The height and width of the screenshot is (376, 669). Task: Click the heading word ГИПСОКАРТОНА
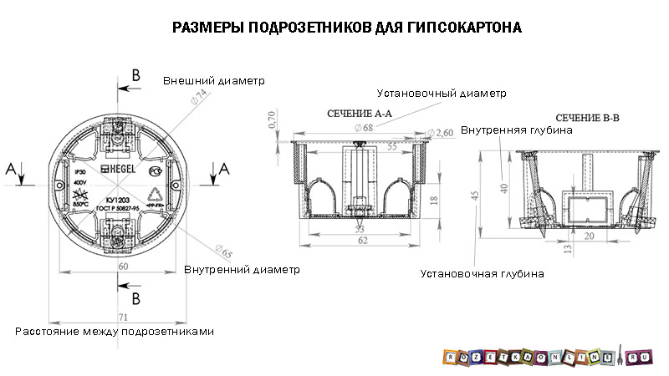(455, 28)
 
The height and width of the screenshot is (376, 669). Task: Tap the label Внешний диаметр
(213, 81)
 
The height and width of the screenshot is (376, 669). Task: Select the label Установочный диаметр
(442, 93)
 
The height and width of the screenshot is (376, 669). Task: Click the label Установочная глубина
(483, 273)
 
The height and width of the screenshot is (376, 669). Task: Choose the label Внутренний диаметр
(241, 270)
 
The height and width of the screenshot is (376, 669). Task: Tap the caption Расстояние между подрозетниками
(115, 331)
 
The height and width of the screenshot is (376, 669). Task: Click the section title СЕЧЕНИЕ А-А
(359, 113)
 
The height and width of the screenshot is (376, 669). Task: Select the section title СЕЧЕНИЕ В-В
(587, 119)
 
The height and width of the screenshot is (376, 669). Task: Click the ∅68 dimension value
(364, 127)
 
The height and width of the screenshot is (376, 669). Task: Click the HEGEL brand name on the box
(116, 169)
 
